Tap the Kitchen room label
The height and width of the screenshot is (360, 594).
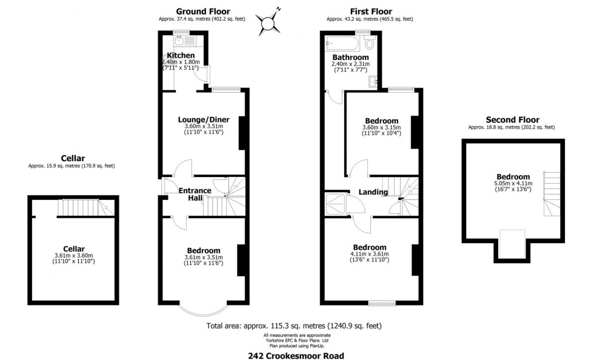(181, 55)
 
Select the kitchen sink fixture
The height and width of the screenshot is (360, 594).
(184, 41)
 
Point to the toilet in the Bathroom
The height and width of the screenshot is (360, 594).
(369, 42)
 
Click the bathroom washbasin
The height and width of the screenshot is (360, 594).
(373, 81)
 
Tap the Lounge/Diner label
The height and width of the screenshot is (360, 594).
(204, 120)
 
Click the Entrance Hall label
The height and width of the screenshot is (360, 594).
(195, 194)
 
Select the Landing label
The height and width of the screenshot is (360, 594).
(373, 192)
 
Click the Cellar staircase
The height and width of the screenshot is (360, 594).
(86, 208)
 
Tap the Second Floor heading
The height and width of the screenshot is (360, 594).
(513, 120)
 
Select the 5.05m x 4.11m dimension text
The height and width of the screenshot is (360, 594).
(513, 184)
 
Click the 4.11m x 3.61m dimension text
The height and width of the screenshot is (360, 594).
(370, 254)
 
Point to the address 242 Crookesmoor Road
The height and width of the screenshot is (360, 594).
(296, 355)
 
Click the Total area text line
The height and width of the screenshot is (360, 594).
(294, 325)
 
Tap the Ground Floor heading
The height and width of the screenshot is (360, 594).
(203, 12)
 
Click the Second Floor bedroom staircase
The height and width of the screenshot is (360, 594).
(552, 194)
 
